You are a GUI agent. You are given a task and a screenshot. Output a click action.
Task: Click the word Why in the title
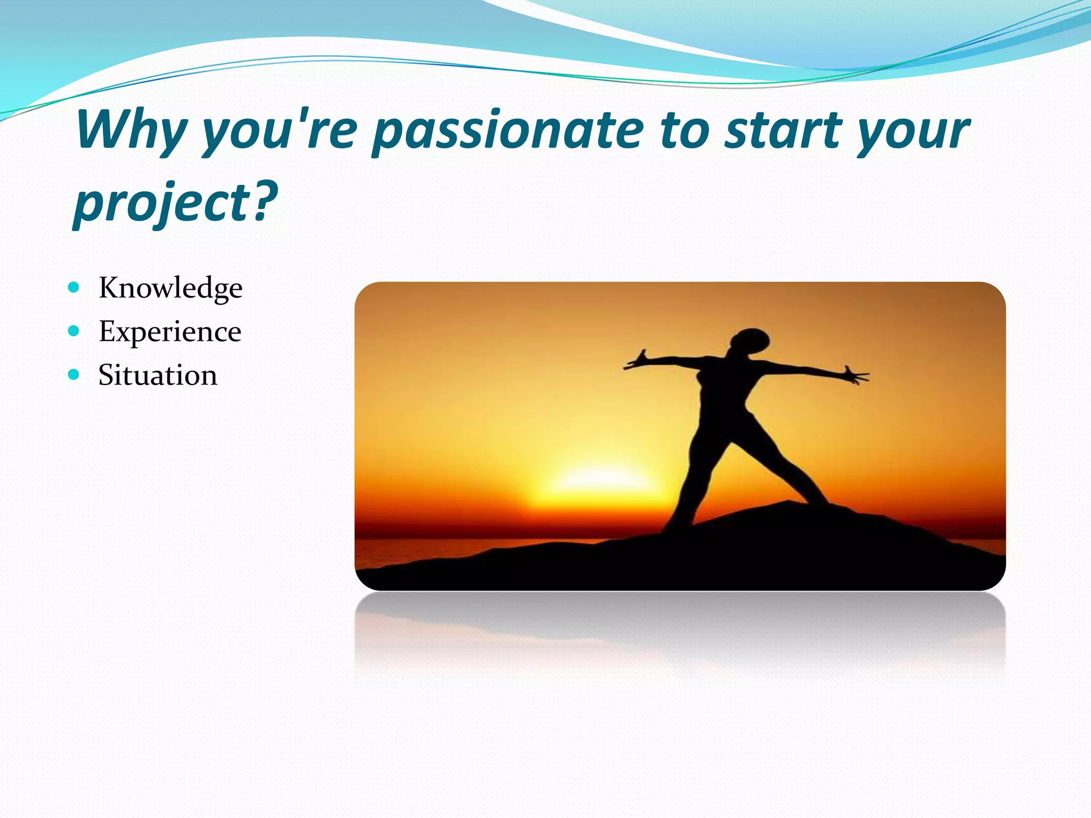[x=131, y=130]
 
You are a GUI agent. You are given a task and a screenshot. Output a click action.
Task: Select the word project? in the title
[x=176, y=202]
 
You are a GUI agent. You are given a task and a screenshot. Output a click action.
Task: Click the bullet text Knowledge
[x=170, y=288]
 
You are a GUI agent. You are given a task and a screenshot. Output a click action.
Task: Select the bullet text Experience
[x=170, y=331]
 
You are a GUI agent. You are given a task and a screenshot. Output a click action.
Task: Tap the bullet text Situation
[x=158, y=375]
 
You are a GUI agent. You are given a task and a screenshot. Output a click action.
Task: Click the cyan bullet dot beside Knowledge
[x=74, y=288]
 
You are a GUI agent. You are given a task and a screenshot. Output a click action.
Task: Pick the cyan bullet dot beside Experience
[x=74, y=331]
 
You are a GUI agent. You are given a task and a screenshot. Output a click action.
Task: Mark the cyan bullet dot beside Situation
[x=74, y=374]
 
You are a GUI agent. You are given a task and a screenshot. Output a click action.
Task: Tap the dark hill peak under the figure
[x=788, y=511]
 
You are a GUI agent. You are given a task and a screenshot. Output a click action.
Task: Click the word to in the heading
[x=684, y=130]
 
